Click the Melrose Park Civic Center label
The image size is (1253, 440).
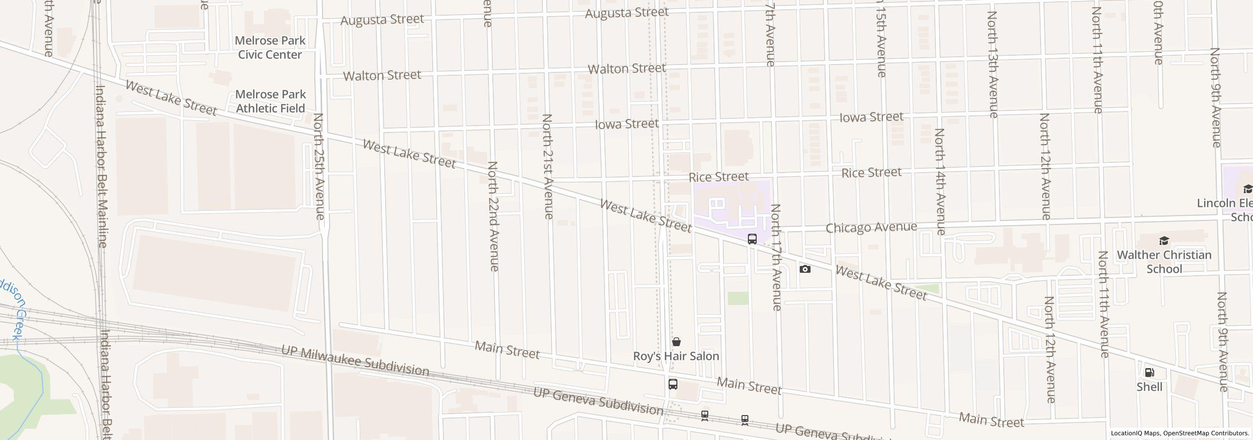coord(270,47)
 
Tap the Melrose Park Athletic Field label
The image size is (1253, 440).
coord(270,101)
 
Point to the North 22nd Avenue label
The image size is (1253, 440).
coord(493,216)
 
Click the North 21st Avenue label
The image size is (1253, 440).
coord(548,166)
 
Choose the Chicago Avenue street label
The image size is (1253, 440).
coord(871,228)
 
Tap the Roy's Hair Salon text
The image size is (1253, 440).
coord(676,356)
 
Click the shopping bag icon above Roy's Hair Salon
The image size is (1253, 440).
coord(676,342)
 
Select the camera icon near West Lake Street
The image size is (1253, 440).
coord(805,269)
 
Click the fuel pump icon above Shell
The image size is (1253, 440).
coord(1149,373)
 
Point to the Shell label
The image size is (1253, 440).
coord(1149,387)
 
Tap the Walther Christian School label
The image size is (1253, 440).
coord(1164,262)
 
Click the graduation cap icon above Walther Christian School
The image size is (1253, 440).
coord(1164,241)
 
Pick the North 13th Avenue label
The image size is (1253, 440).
coord(992,64)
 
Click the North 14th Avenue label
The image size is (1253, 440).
coord(940,181)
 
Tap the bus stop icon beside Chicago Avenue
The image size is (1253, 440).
coord(752,239)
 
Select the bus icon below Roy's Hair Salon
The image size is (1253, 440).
coord(673,384)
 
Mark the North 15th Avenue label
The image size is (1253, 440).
coord(881,39)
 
